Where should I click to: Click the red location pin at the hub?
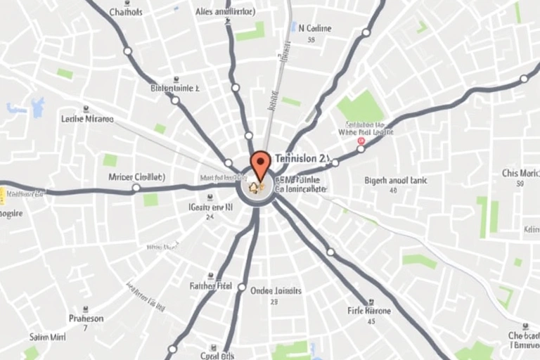[x=261, y=164]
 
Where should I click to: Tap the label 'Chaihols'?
[x=126, y=12]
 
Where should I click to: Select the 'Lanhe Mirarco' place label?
[x=87, y=119]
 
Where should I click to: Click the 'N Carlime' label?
[x=315, y=29]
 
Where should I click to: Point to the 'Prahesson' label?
[x=86, y=319]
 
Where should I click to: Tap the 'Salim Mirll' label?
[x=46, y=337]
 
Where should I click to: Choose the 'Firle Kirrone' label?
[x=370, y=310]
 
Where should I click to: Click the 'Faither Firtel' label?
[x=211, y=286]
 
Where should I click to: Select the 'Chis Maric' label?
[x=520, y=173]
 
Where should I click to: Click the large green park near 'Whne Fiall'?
[x=361, y=107]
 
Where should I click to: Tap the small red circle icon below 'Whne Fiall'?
[x=361, y=141]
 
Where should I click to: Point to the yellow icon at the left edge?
[x=2, y=195]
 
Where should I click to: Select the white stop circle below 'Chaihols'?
[x=127, y=51]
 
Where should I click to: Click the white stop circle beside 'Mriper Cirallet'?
[x=136, y=188]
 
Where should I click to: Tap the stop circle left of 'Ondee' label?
[x=242, y=288]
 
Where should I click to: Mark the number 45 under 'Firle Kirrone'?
[x=371, y=321]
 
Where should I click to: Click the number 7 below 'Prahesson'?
[x=85, y=328]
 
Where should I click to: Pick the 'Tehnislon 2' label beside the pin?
[x=302, y=158]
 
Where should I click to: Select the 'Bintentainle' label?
[x=175, y=89]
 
